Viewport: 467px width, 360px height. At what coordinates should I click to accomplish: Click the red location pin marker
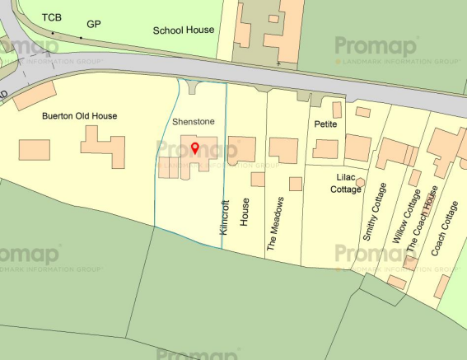pyautogui.click(x=194, y=148)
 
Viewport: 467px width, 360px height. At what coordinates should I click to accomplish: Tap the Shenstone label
pyautogui.click(x=193, y=122)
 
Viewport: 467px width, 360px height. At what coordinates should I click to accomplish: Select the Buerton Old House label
pyautogui.click(x=80, y=117)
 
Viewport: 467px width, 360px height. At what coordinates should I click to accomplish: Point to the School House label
pyautogui.click(x=184, y=30)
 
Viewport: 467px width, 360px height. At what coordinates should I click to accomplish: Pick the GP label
pyautogui.click(x=94, y=24)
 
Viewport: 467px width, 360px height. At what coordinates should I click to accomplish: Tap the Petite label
pyautogui.click(x=327, y=124)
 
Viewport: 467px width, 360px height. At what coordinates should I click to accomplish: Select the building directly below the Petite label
pyautogui.click(x=326, y=149)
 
